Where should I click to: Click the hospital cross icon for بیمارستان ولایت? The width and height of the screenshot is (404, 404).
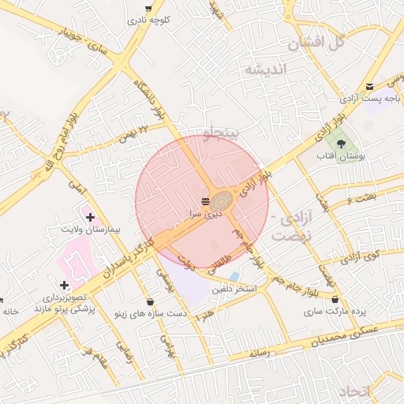pyautogui.click(x=90, y=216)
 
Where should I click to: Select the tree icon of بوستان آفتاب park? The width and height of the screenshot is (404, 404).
pyautogui.click(x=341, y=144)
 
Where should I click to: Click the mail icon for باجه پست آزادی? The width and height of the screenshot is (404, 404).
pyautogui.click(x=370, y=87)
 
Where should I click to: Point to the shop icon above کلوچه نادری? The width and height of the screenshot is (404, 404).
pyautogui.click(x=148, y=9)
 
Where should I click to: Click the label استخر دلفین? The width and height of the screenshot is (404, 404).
pyautogui.click(x=234, y=290)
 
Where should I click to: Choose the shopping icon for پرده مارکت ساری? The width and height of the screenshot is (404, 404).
pyautogui.click(x=337, y=299)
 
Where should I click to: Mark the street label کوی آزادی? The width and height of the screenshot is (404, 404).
pyautogui.click(x=363, y=256)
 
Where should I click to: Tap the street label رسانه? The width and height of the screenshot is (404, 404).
pyautogui.click(x=260, y=354)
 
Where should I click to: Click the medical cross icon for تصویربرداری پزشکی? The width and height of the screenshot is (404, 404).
pyautogui.click(x=64, y=285)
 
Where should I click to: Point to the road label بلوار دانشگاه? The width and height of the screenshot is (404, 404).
pyautogui.click(x=151, y=98)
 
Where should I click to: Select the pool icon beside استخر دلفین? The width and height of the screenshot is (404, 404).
pyautogui.click(x=234, y=276)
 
